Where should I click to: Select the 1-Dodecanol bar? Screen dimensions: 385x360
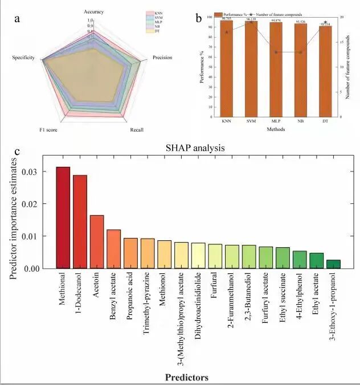[80, 222]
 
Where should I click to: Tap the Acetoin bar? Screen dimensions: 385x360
[97, 241]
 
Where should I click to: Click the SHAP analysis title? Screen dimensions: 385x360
[195, 148]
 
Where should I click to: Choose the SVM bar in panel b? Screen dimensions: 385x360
[251, 68]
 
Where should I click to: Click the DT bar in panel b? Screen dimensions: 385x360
[325, 71]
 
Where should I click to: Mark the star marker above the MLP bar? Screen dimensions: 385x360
[276, 52]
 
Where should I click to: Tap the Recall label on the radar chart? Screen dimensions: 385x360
[137, 130]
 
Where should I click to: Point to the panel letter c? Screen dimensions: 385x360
[18, 152]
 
